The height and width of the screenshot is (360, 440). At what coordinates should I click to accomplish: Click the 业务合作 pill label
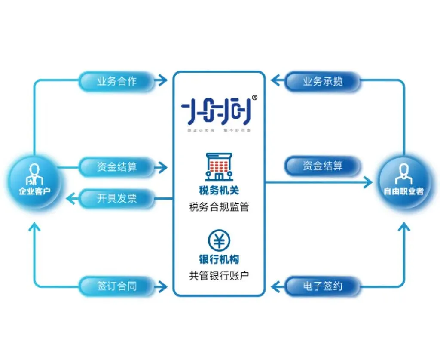click(116, 81)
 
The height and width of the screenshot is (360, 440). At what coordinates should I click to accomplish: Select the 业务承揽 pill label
click(323, 81)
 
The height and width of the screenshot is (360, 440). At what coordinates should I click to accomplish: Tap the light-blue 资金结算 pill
click(116, 166)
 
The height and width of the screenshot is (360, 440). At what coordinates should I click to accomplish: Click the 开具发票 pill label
click(116, 198)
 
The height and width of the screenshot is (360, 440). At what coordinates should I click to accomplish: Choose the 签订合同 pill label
click(116, 286)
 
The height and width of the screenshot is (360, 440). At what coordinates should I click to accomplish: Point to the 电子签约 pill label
click(323, 286)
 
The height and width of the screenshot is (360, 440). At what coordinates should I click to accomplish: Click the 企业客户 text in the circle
click(34, 191)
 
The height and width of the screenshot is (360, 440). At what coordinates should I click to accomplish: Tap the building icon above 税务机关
click(219, 166)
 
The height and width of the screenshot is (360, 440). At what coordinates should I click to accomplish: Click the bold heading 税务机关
click(219, 191)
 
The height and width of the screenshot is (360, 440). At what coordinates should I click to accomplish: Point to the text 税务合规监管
click(219, 207)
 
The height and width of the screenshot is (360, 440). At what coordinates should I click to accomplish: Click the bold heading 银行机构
click(219, 260)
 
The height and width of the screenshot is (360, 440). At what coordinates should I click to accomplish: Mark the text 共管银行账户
click(219, 276)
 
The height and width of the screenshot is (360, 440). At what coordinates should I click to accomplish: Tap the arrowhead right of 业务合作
click(162, 80)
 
